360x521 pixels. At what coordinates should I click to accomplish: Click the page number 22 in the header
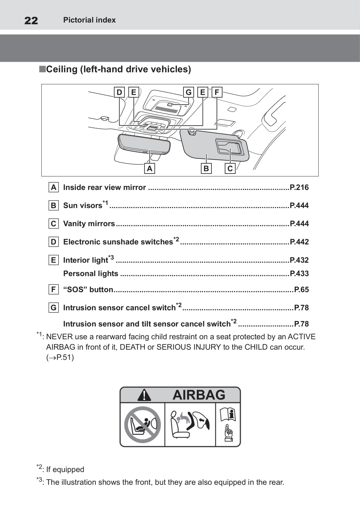pyautogui.click(x=31, y=20)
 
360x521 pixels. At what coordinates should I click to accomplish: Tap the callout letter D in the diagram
pyautogui.click(x=119, y=92)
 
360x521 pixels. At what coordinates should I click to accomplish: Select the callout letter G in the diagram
pyautogui.click(x=189, y=92)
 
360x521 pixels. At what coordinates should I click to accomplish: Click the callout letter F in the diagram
pyautogui.click(x=217, y=92)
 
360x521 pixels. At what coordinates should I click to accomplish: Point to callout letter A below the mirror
pyautogui.click(x=149, y=169)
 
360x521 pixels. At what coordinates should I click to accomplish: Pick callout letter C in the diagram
pyautogui.click(x=230, y=169)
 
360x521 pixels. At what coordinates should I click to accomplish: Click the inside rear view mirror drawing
pyautogui.click(x=144, y=144)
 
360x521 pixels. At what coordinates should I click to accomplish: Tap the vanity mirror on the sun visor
pyautogui.click(x=229, y=147)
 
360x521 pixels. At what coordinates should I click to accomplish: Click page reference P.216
pyautogui.click(x=299, y=187)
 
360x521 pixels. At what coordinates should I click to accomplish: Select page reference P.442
pyautogui.click(x=299, y=242)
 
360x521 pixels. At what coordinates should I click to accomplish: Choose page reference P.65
pyautogui.click(x=301, y=289)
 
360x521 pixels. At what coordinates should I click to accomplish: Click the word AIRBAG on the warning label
pyautogui.click(x=199, y=395)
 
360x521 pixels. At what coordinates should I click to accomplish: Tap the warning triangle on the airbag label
pyautogui.click(x=144, y=395)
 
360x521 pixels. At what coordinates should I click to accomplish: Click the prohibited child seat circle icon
pyautogui.click(x=142, y=425)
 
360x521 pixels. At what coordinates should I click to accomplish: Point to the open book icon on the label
pyautogui.click(x=228, y=414)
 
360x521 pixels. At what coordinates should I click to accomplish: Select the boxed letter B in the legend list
pyautogui.click(x=54, y=206)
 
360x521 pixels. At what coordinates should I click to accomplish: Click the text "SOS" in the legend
pyautogui.click(x=75, y=289)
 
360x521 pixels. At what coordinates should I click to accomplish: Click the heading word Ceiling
pyautogui.click(x=62, y=69)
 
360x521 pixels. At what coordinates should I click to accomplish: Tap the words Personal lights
pyautogui.click(x=91, y=273)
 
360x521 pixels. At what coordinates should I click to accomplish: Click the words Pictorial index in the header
pyautogui.click(x=89, y=20)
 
